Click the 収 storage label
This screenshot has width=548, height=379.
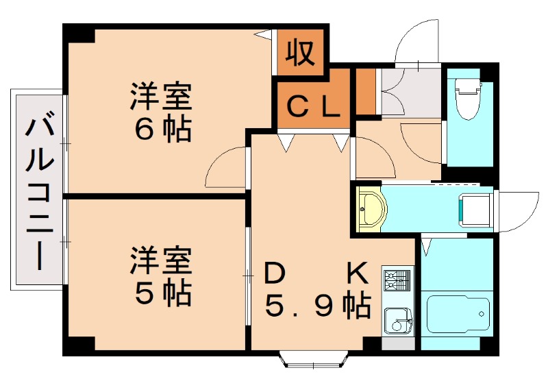299,53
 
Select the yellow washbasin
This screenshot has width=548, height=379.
371,207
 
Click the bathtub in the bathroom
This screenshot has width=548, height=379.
458,315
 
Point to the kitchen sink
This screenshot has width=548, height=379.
396,319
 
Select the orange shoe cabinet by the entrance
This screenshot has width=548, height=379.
366,91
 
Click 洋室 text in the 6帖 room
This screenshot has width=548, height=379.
162,96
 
